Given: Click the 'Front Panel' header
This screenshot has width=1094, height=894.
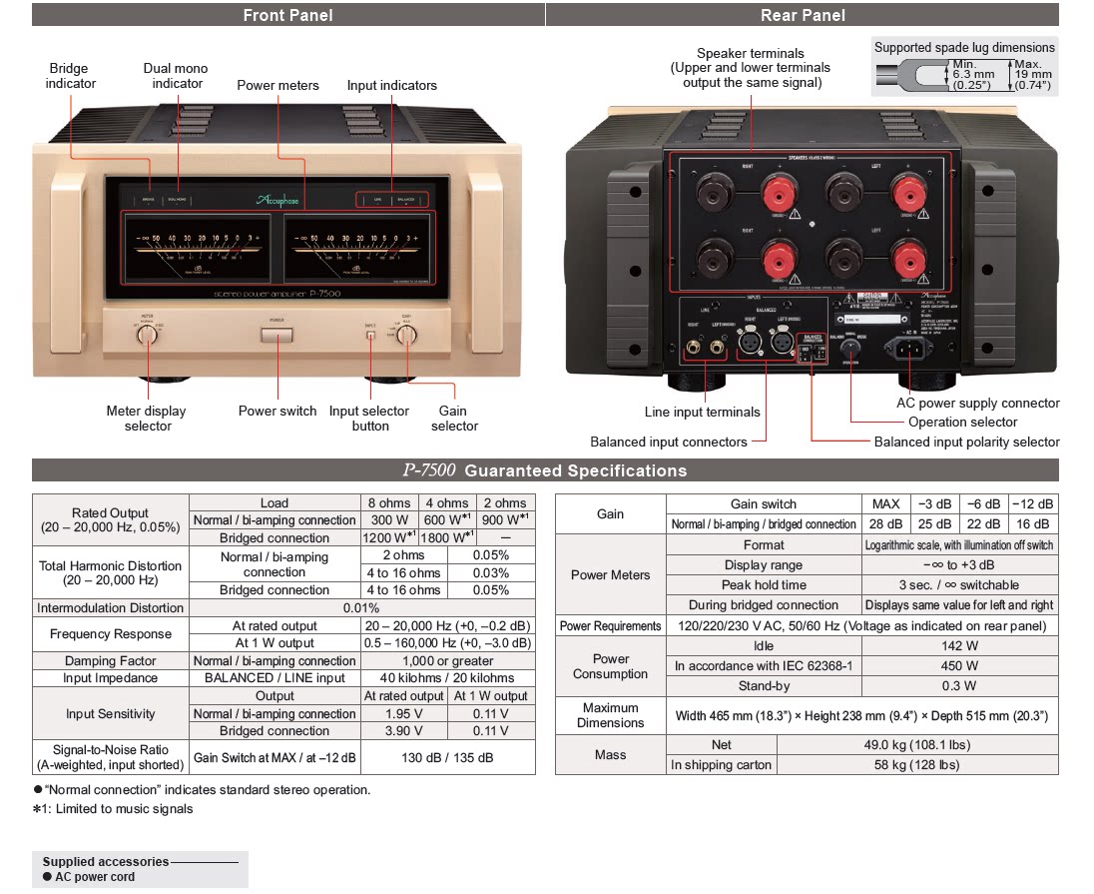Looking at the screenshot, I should tap(287, 15).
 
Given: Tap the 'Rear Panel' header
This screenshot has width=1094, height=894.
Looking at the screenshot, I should tap(803, 15).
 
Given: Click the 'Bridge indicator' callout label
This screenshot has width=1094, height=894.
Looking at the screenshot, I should tap(70, 76).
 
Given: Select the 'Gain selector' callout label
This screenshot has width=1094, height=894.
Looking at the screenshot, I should tap(454, 419).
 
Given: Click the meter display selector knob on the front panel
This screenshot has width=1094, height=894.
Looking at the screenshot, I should tap(147, 336).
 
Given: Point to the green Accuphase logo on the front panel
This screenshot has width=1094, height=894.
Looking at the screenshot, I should tap(275, 200).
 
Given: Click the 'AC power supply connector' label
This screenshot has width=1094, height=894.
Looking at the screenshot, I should tap(978, 404).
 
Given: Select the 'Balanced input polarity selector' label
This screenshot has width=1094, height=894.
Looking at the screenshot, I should tap(966, 442).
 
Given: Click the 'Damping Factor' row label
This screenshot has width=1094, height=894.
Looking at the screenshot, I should tap(111, 661).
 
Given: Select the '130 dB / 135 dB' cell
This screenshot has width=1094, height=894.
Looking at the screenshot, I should tap(446, 757).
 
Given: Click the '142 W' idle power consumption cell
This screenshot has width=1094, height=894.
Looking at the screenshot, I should tap(958, 646).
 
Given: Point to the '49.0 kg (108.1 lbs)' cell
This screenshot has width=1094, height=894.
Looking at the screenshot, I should tap(916, 744).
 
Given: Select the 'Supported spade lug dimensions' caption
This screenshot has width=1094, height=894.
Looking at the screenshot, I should tap(963, 47).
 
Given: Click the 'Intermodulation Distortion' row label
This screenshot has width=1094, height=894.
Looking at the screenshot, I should tap(111, 608).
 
